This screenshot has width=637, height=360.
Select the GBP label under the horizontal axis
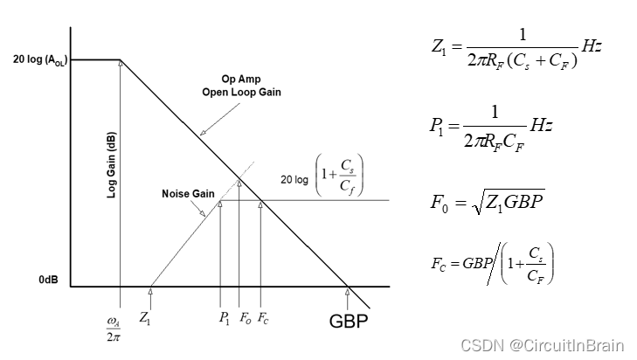coord(349,321)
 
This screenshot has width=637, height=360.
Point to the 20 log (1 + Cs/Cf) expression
coord(319,177)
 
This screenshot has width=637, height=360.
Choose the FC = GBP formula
coord(493,262)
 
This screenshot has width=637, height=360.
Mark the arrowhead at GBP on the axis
coord(348,291)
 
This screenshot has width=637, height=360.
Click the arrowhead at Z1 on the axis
coord(151,290)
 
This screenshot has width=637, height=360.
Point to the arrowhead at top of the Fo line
coord(239,183)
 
